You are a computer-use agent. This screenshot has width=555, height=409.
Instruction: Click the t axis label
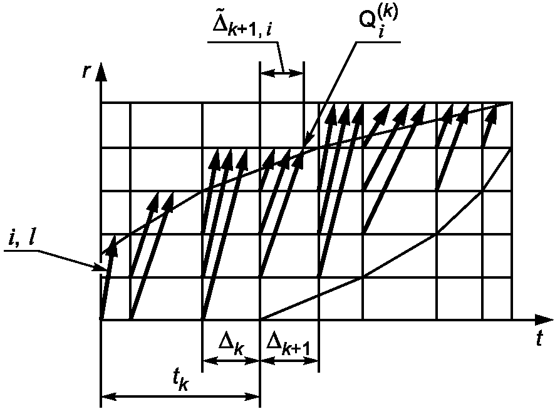pos(538,339)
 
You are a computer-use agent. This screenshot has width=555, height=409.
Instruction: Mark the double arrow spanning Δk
pos(231,361)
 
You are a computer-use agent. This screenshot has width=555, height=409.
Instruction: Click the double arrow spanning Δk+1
pos(289,361)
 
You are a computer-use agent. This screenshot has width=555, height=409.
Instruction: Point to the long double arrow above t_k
pos(180,396)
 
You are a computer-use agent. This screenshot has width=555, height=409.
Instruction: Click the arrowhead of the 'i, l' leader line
pos(105,269)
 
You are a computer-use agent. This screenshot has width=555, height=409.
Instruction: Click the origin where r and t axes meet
pos(101,319)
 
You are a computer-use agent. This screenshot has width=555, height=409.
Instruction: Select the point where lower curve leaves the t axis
pos(260,319)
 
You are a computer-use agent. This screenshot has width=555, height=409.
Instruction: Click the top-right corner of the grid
pos(512,103)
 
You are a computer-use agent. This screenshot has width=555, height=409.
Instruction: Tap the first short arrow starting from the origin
pos(107,281)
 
